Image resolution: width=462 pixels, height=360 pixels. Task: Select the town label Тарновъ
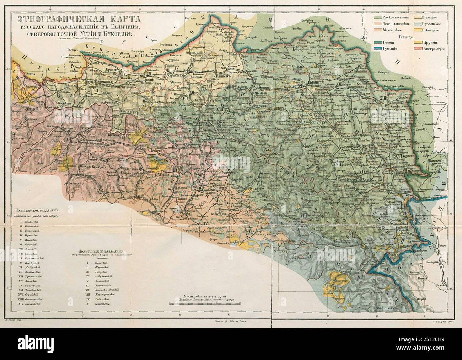click(173, 70)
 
